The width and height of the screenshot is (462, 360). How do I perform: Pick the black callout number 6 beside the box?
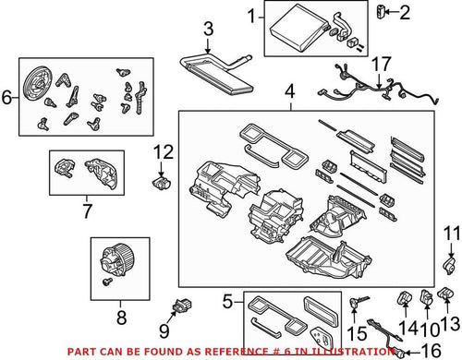pos(8,96)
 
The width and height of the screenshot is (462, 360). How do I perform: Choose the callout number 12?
pos(162,150)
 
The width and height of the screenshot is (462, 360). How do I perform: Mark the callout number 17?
pos(375,66)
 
